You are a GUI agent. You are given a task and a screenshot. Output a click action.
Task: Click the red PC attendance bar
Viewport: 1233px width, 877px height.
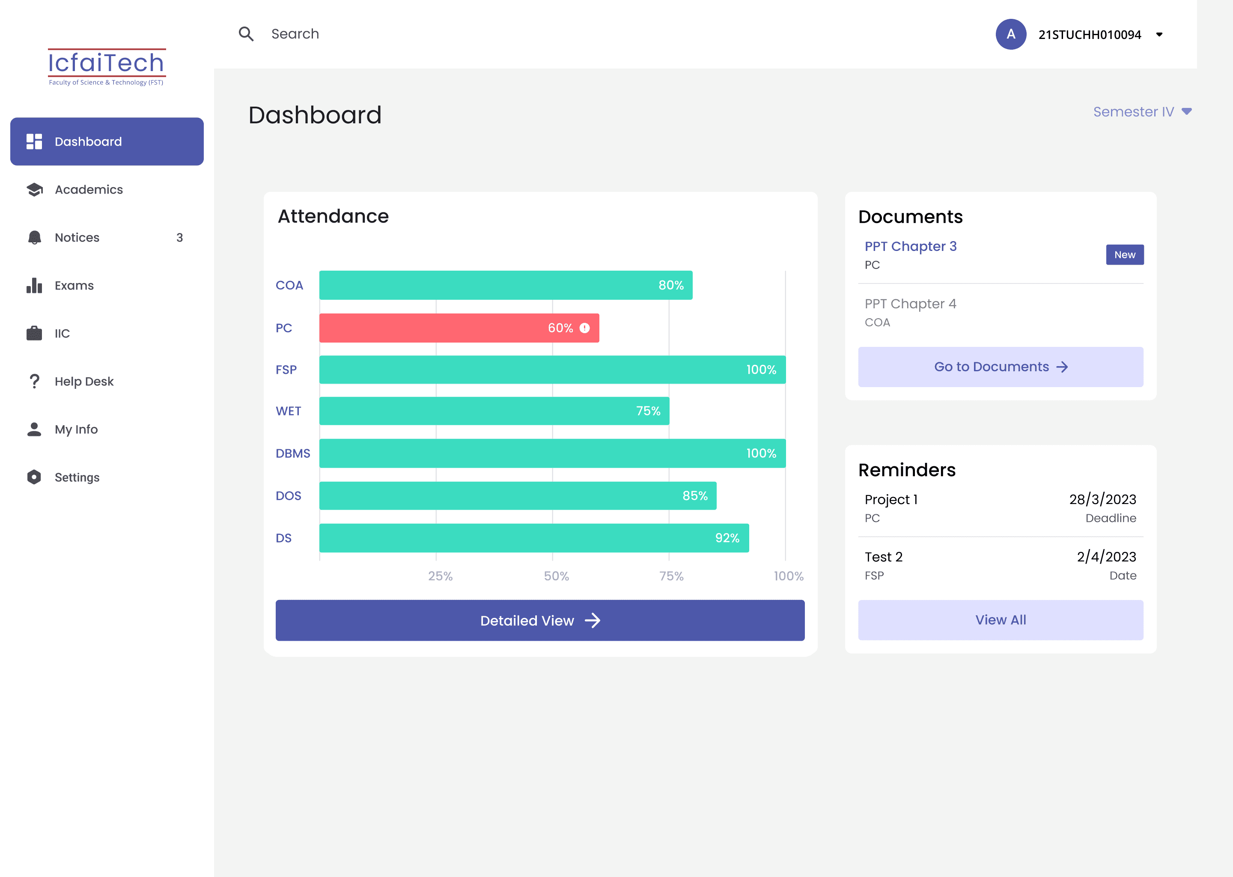pos(459,328)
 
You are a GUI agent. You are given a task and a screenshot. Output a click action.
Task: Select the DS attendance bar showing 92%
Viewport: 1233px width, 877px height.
pos(534,538)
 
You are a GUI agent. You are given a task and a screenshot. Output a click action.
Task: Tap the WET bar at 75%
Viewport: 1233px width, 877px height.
pos(494,411)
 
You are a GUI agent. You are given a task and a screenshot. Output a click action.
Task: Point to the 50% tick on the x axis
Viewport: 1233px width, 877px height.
pos(556,576)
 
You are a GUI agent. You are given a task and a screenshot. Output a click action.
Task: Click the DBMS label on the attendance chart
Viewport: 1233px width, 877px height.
pos(292,453)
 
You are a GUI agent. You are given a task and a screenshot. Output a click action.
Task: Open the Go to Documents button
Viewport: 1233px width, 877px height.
pos(1001,367)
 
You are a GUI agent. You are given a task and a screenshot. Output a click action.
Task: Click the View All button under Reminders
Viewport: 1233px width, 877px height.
pos(1001,620)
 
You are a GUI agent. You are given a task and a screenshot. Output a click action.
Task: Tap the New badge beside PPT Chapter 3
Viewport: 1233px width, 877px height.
pos(1125,255)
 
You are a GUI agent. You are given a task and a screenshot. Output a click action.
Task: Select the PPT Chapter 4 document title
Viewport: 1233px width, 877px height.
pos(910,304)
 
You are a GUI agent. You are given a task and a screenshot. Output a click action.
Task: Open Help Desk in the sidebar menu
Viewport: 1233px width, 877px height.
pos(83,381)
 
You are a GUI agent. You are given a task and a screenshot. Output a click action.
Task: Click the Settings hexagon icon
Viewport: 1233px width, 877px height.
pos(34,477)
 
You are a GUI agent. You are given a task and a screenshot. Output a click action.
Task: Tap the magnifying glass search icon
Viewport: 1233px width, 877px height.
pos(246,34)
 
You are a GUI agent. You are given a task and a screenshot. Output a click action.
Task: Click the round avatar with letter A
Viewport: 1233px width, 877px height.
pos(1010,34)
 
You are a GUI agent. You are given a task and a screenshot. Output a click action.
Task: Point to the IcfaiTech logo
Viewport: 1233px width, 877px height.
pos(106,67)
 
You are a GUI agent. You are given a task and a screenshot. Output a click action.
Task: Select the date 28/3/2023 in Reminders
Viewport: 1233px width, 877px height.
pos(1102,500)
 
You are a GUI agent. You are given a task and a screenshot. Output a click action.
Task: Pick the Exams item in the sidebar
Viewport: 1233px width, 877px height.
pos(74,286)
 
